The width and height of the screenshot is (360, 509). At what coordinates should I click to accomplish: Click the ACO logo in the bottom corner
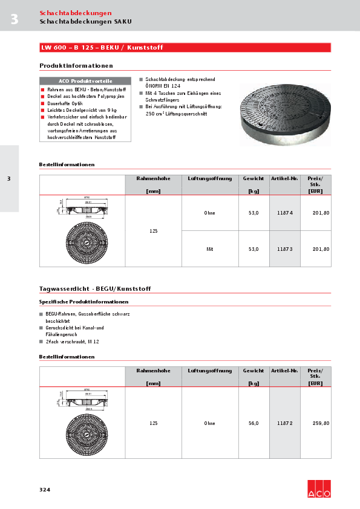point(319,488)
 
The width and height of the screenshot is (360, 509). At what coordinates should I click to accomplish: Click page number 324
point(45,489)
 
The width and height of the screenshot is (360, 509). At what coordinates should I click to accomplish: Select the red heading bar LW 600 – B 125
point(185,48)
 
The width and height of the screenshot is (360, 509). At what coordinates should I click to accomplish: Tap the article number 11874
point(284,213)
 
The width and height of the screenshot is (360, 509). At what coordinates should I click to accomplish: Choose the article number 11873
point(284,249)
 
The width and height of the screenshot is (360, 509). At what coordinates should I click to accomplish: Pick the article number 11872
point(284,423)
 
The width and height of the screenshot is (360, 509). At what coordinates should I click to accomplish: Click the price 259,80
point(321,423)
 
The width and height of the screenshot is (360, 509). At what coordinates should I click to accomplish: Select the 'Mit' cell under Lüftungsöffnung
point(210,249)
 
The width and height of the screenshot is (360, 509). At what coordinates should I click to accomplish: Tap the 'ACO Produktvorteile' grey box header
point(85,81)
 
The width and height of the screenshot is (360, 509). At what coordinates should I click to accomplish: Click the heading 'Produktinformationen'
point(76,65)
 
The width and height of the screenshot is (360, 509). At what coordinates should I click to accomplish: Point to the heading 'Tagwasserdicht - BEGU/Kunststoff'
point(95,289)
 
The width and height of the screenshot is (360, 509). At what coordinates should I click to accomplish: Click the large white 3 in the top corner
point(14,19)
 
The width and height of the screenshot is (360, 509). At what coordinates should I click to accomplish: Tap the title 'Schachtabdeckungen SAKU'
point(85,21)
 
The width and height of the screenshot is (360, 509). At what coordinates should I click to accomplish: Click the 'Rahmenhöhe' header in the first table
point(153,179)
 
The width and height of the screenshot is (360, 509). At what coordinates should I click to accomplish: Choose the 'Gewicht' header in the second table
point(254,371)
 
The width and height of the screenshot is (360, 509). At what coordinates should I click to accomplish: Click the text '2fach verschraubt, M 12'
point(72,342)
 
